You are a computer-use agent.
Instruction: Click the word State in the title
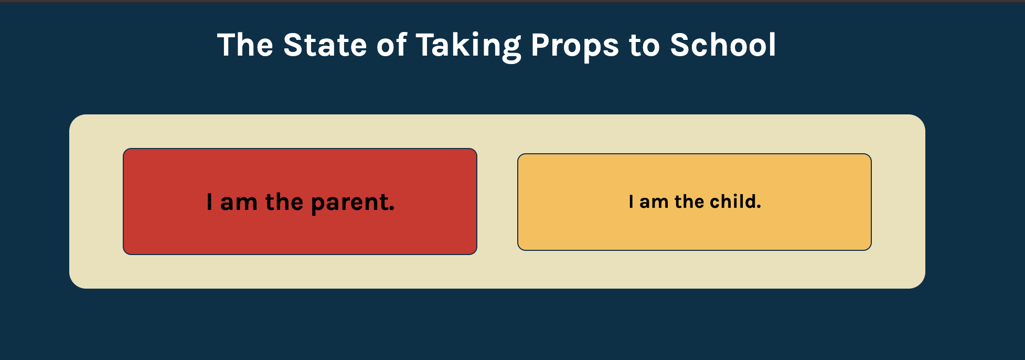pyautogui.click(x=325, y=45)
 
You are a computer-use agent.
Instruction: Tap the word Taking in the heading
pyautogui.click(x=468, y=46)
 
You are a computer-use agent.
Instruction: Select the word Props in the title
pyautogui.click(x=574, y=46)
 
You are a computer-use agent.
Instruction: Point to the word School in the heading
pyautogui.click(x=722, y=45)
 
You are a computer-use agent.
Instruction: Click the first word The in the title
pyautogui.click(x=245, y=45)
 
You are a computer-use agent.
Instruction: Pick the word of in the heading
pyautogui.click(x=391, y=45)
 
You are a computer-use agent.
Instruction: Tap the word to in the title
pyautogui.click(x=644, y=46)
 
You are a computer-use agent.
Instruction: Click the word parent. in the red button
pyautogui.click(x=353, y=203)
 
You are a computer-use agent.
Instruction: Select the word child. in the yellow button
pyautogui.click(x=735, y=202)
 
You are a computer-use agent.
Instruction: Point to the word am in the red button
pyautogui.click(x=238, y=203)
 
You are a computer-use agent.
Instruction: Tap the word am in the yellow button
pyautogui.click(x=654, y=202)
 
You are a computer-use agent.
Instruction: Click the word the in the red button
pyautogui.click(x=284, y=202)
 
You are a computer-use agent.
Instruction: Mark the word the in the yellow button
pyautogui.click(x=689, y=202)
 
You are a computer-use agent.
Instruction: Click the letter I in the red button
pyautogui.click(x=209, y=202)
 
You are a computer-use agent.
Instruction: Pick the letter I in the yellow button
pyautogui.click(x=631, y=202)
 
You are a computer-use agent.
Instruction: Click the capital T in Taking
pyautogui.click(x=426, y=45)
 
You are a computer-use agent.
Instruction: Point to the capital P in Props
pyautogui.click(x=540, y=45)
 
